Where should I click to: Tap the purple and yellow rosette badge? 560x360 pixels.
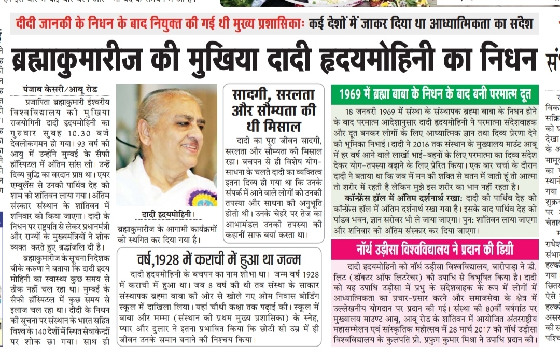[201, 196]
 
